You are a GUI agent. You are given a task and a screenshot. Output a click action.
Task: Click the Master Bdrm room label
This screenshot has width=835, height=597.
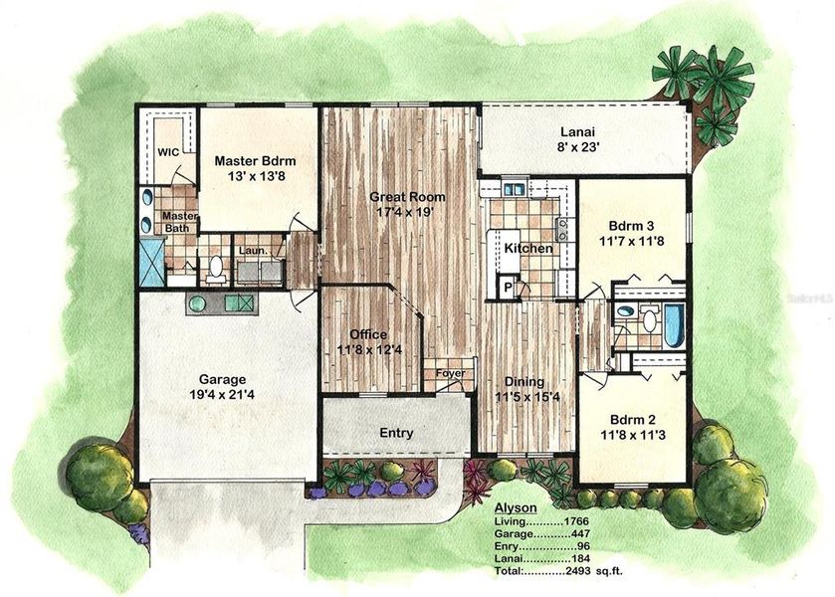[x=256, y=160]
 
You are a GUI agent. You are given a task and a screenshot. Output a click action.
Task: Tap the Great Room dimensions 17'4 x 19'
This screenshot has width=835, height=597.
[x=408, y=213]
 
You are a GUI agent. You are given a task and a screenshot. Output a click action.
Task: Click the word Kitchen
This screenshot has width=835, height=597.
[x=527, y=248]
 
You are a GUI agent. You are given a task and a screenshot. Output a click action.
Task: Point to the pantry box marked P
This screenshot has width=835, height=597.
[x=508, y=288]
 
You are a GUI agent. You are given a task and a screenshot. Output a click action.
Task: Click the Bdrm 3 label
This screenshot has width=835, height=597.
[x=633, y=226]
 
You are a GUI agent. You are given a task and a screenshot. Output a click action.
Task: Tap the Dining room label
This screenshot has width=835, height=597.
[x=523, y=379]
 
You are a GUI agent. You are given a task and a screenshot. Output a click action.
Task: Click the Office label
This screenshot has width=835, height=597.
[x=367, y=334]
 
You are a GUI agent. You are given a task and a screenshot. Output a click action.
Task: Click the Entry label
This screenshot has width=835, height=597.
[x=396, y=433]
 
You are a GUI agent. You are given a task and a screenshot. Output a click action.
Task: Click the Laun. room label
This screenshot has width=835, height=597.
[x=251, y=251]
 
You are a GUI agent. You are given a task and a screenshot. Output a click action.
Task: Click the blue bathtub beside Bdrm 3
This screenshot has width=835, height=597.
[x=674, y=323]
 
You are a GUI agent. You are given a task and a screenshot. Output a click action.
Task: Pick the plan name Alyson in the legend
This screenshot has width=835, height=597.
[x=516, y=506]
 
